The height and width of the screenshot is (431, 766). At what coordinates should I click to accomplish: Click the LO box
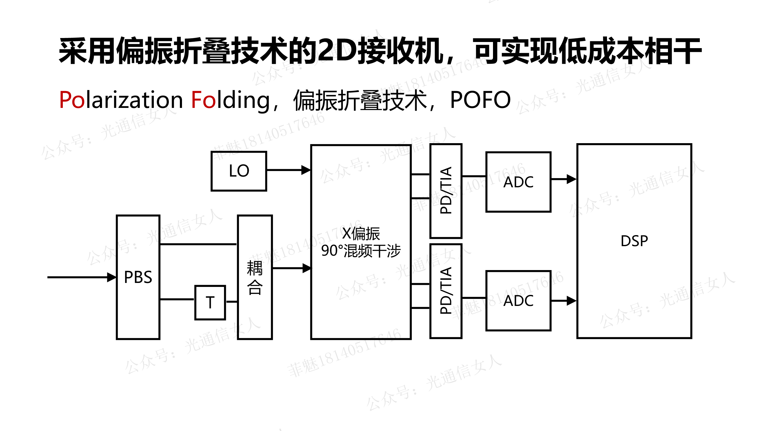click(x=239, y=171)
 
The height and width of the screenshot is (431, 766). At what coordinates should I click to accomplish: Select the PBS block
click(x=138, y=277)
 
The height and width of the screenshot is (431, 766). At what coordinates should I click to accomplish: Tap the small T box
click(x=210, y=303)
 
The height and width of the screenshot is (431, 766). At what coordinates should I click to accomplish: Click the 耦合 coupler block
click(x=255, y=277)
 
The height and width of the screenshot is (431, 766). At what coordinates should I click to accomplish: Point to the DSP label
click(x=634, y=241)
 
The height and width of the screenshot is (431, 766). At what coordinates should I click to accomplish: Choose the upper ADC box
click(x=518, y=182)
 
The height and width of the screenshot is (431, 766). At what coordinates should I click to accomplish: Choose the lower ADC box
click(x=518, y=301)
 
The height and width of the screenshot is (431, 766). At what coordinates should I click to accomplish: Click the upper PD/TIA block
click(x=446, y=191)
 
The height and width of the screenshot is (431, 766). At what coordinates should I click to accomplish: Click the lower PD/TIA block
click(x=446, y=291)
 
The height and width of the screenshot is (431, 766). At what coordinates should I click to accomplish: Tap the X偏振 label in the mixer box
click(x=361, y=234)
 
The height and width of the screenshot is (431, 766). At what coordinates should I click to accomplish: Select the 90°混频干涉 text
click(x=361, y=251)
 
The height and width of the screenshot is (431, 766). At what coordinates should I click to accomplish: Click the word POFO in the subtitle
click(x=480, y=100)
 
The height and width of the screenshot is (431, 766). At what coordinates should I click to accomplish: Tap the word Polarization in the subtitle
click(x=121, y=100)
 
